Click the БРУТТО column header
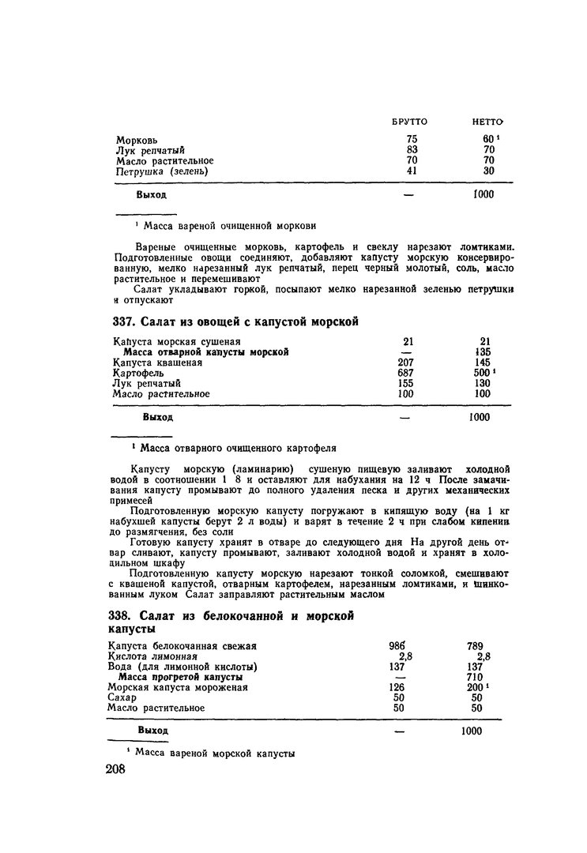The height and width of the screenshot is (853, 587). [x=409, y=122]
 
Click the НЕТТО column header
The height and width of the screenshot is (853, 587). [x=488, y=122]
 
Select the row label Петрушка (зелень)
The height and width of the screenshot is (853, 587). [x=161, y=171]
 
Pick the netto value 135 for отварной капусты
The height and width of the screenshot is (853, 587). [x=485, y=352]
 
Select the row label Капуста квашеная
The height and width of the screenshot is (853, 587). [x=157, y=363]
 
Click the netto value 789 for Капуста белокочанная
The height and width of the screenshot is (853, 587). [x=475, y=646]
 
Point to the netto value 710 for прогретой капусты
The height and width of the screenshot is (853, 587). [x=475, y=677]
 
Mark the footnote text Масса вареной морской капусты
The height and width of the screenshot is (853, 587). [x=215, y=753]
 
